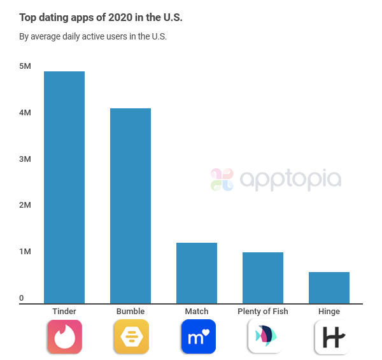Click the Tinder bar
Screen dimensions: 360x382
click(x=64, y=187)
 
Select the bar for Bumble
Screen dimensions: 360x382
click(x=131, y=206)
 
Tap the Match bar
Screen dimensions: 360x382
click(x=197, y=273)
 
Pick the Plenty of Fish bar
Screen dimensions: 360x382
click(x=263, y=278)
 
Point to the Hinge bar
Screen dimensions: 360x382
click(x=329, y=287)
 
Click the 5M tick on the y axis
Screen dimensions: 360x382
click(x=25, y=66)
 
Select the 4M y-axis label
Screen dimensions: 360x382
click(x=25, y=113)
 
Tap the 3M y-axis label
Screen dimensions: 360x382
click(x=25, y=159)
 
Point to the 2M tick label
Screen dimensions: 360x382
click(x=25, y=205)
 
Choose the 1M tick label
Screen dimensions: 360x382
click(x=25, y=252)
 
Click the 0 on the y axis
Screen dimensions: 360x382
click(x=21, y=298)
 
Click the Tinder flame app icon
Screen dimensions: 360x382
click(x=64, y=336)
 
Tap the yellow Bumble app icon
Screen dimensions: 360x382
click(x=131, y=336)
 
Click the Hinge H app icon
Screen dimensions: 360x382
click(x=330, y=336)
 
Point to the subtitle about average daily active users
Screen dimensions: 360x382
click(x=93, y=36)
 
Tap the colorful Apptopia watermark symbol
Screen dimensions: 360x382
click(x=222, y=180)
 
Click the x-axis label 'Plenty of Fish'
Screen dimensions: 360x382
click(x=262, y=312)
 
